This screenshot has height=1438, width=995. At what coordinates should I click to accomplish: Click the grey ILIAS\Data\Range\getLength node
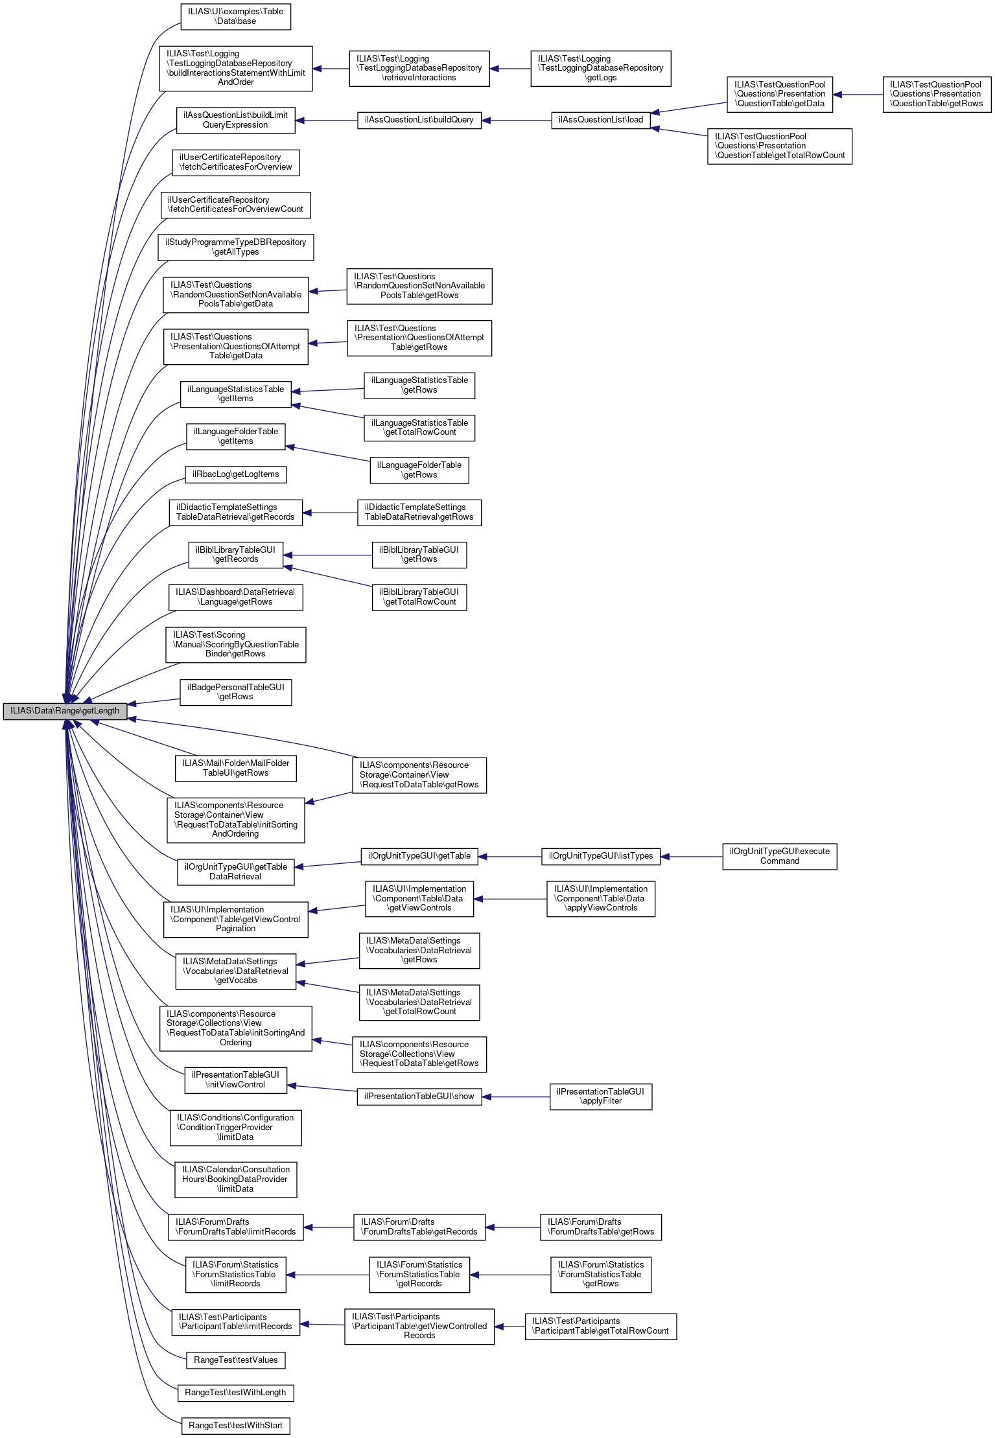65,711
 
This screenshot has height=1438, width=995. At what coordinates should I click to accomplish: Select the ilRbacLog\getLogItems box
235,474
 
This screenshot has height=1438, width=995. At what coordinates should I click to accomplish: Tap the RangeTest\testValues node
235,1360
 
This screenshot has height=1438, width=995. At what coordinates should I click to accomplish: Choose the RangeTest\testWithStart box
235,1425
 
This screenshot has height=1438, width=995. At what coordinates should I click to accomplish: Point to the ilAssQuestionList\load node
600,120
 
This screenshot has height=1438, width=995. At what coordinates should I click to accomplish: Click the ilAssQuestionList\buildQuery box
419,120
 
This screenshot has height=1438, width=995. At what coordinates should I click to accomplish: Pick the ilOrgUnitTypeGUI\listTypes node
600,856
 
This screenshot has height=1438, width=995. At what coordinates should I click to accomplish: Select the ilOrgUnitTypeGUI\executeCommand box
779,856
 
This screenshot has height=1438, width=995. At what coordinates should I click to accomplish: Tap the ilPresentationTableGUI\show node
419,1096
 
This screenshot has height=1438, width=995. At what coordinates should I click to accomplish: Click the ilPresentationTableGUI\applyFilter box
600,1096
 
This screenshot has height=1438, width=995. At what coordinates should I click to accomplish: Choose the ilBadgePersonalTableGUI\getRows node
235,692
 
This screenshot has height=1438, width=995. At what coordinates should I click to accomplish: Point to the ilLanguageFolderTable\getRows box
419,470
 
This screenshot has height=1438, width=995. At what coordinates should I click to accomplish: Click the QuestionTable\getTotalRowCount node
779,146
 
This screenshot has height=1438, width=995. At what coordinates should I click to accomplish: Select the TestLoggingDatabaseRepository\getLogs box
600,68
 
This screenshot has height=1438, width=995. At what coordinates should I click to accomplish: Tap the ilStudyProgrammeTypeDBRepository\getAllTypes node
235,247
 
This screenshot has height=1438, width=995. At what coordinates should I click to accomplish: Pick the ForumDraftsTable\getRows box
600,1227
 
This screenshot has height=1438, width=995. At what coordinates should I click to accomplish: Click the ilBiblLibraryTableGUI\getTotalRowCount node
419,597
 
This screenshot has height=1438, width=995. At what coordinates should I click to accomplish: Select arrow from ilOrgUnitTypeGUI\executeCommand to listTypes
692,857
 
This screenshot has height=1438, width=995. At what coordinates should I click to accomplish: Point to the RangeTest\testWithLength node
235,1392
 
